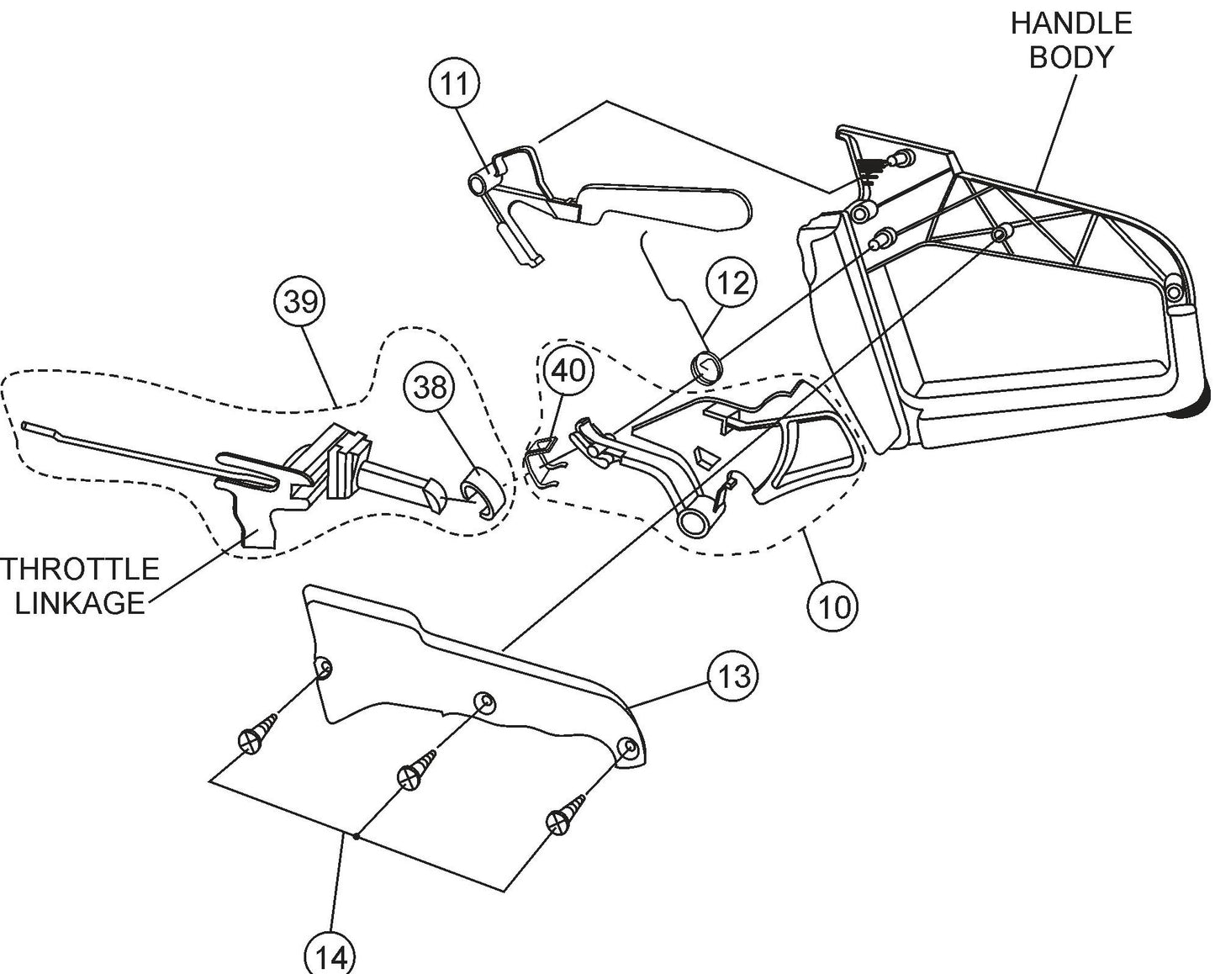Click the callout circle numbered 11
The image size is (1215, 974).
click(x=454, y=84)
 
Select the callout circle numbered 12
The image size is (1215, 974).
click(x=732, y=283)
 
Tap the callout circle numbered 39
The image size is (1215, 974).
click(x=300, y=302)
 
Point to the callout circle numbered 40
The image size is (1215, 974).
click(x=568, y=371)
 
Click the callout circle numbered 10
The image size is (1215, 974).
click(x=832, y=606)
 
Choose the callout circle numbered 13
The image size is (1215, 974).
click(x=732, y=675)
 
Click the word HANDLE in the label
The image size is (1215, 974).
click(x=1070, y=23)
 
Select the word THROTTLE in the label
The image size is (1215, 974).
click(x=80, y=569)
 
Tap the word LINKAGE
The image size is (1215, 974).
click(x=80, y=603)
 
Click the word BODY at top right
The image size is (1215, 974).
click(x=1070, y=56)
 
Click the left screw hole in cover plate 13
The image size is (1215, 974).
click(x=323, y=669)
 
